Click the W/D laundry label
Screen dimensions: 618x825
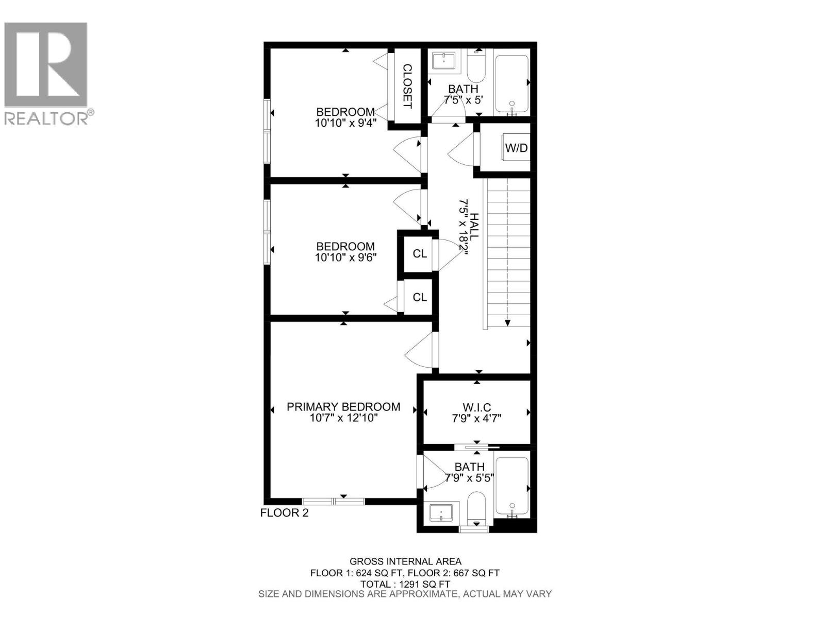(516, 148)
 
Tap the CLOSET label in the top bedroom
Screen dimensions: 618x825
(407, 86)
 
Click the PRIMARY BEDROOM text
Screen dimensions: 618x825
(343, 407)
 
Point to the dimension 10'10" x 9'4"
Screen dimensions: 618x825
(345, 123)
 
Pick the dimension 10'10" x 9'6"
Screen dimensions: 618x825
(345, 257)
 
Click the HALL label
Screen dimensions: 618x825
(473, 225)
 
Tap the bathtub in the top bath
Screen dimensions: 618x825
(511, 84)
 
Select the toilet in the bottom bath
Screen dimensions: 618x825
(476, 507)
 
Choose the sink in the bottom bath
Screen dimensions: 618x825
(441, 512)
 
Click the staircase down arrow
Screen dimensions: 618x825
(508, 322)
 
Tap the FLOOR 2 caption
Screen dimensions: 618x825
(284, 513)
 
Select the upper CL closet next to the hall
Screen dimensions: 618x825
(420, 253)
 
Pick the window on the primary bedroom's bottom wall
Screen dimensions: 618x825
(333, 501)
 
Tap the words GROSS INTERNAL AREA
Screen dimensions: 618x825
(405, 561)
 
